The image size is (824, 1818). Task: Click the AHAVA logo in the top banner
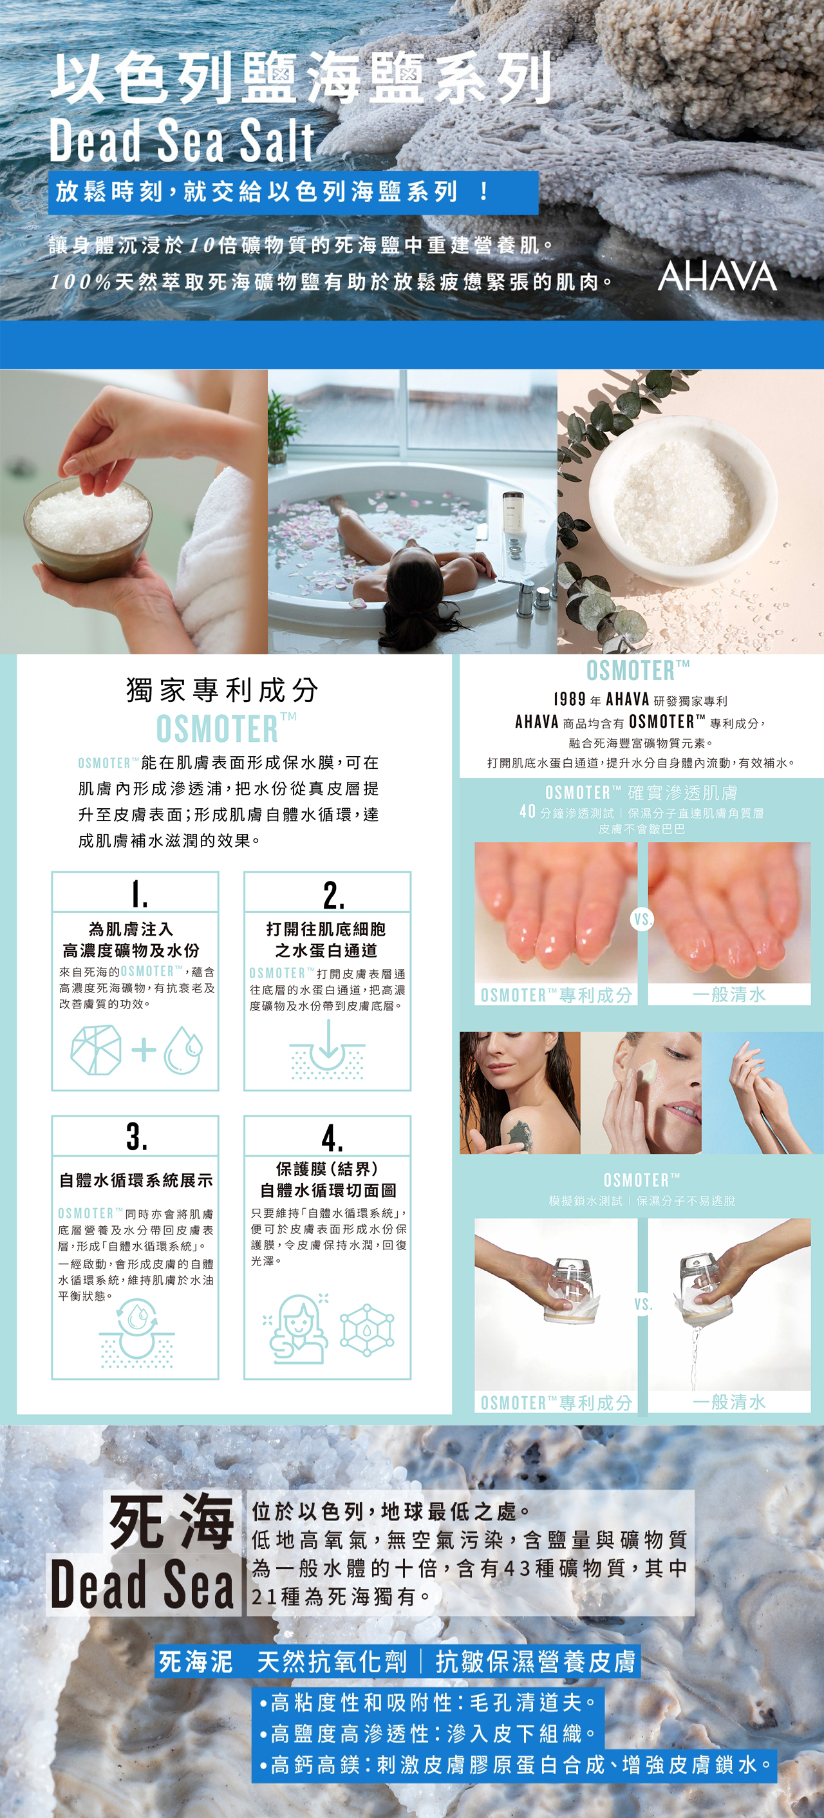[x=718, y=276]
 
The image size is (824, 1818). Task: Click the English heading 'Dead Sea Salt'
[x=182, y=140]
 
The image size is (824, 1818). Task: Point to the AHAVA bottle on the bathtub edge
[x=513, y=514]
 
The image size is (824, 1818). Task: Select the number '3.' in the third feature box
[x=137, y=1136]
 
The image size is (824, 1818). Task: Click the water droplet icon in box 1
[x=183, y=1050]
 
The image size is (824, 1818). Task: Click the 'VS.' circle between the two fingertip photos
[x=642, y=920]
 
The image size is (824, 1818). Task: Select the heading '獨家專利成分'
[x=222, y=690]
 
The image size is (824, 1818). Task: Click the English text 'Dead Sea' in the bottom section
[x=142, y=1584]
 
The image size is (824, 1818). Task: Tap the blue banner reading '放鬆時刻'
[x=293, y=192]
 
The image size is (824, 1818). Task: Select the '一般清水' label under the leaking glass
[x=729, y=1401]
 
